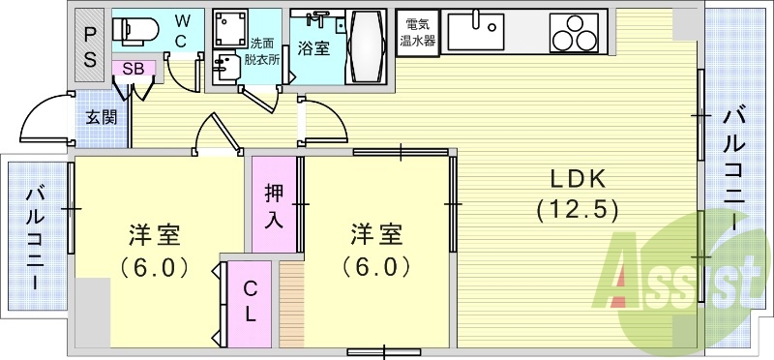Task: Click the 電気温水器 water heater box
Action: [419, 34]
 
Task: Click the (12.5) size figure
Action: [578, 209]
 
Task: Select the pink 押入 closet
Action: [274, 204]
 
